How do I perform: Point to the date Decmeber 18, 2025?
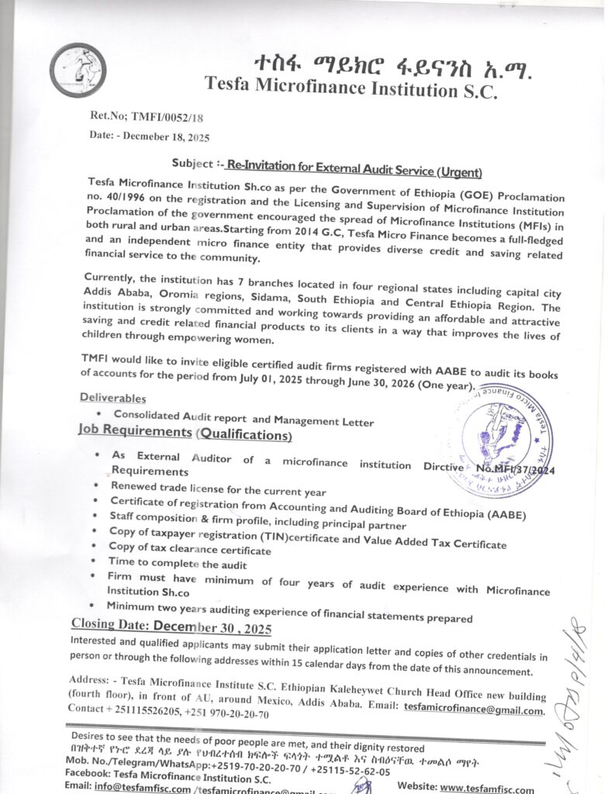click(x=167, y=136)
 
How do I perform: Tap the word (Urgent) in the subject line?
click(x=459, y=171)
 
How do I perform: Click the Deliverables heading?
click(x=112, y=398)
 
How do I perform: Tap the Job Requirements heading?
click(x=135, y=431)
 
